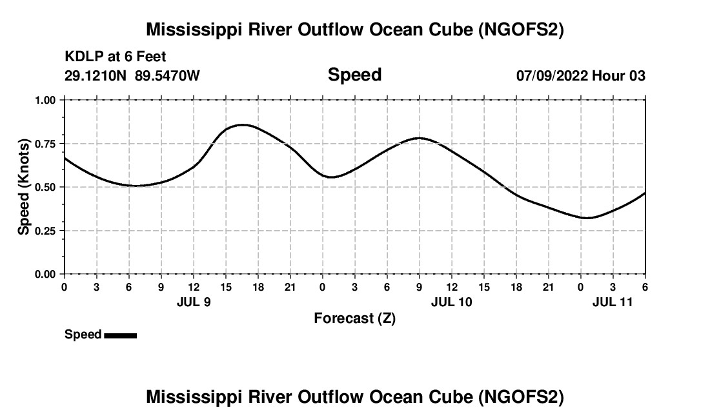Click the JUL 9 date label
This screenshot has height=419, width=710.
click(194, 302)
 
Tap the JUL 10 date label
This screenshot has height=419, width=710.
click(452, 302)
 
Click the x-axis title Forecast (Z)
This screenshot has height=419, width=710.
click(354, 318)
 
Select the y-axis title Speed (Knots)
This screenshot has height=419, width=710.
click(23, 186)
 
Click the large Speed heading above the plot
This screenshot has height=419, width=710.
click(354, 75)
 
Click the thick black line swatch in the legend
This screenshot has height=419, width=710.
click(120, 335)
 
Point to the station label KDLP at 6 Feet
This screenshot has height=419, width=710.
click(116, 57)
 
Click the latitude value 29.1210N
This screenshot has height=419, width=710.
click(96, 75)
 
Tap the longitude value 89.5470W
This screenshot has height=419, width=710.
click(167, 75)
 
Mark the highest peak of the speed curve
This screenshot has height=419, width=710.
click(242, 124)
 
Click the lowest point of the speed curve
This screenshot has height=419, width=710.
click(586, 218)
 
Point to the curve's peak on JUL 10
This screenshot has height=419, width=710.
click(420, 137)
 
